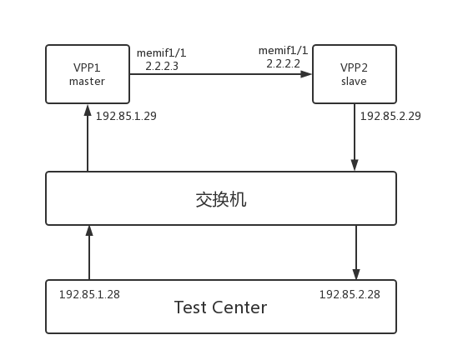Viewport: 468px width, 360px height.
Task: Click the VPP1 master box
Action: click(x=87, y=74)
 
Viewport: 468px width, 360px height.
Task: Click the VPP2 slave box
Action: click(x=354, y=74)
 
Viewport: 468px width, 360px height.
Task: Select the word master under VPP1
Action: click(x=87, y=81)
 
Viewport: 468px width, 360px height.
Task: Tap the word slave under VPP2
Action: click(x=354, y=82)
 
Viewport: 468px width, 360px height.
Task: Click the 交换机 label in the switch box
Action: click(x=220, y=199)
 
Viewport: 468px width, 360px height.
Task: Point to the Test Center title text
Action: click(x=220, y=307)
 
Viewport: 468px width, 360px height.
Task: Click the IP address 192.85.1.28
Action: click(x=89, y=295)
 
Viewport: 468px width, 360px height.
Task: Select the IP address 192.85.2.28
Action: click(x=350, y=295)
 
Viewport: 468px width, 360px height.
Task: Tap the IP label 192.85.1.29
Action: click(x=126, y=116)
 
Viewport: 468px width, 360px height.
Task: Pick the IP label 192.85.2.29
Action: click(x=390, y=116)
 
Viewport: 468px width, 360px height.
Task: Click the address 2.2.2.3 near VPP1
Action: click(x=162, y=65)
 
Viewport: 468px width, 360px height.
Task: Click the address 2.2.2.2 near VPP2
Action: click(x=284, y=62)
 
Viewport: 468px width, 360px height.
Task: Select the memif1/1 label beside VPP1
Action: click(x=162, y=52)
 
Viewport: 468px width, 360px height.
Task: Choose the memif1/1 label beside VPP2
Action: click(x=284, y=51)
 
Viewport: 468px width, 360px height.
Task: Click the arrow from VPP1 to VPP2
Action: click(x=220, y=74)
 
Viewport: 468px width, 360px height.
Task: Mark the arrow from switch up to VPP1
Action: click(x=88, y=137)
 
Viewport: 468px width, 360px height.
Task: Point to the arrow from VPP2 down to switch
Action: click(x=355, y=137)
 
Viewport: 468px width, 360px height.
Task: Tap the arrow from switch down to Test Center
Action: click(x=356, y=252)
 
